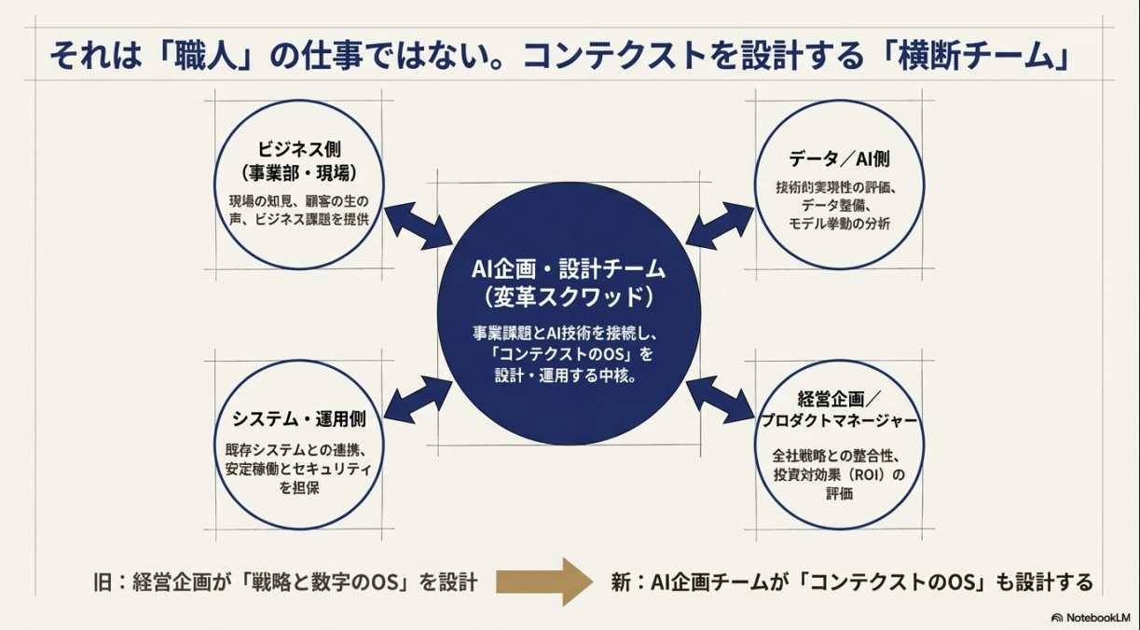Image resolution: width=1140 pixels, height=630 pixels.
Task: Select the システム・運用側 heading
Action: pyautogui.click(x=298, y=417)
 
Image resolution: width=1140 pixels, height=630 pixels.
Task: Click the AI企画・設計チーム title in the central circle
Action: pyautogui.click(x=569, y=269)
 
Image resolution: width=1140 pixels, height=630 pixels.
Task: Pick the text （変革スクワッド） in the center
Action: pyautogui.click(x=569, y=297)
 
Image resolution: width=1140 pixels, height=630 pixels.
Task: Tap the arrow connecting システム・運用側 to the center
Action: pyautogui.click(x=418, y=395)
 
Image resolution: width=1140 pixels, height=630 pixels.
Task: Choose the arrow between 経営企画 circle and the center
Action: pyautogui.click(x=720, y=395)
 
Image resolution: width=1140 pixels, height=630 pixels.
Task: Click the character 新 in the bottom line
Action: pyautogui.click(x=622, y=583)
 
